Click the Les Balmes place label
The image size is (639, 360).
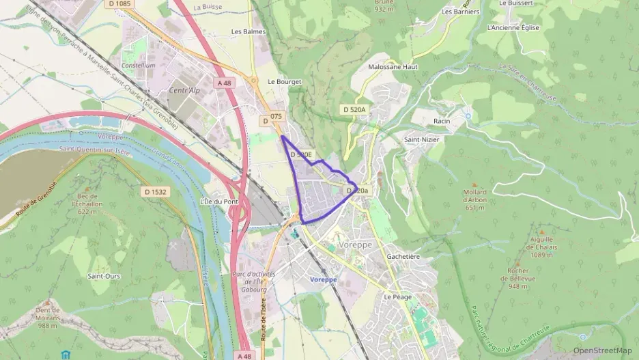(x=247, y=31)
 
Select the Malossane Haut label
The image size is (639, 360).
(x=393, y=67)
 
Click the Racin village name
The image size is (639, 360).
(x=442, y=121)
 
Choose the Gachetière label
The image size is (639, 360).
(x=403, y=256)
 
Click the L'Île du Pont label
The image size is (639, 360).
(x=218, y=202)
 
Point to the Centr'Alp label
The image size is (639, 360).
(x=184, y=90)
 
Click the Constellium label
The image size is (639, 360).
(x=138, y=66)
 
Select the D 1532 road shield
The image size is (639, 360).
(x=156, y=192)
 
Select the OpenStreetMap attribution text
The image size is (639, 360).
(x=602, y=350)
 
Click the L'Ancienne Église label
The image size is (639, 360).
(x=513, y=28)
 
